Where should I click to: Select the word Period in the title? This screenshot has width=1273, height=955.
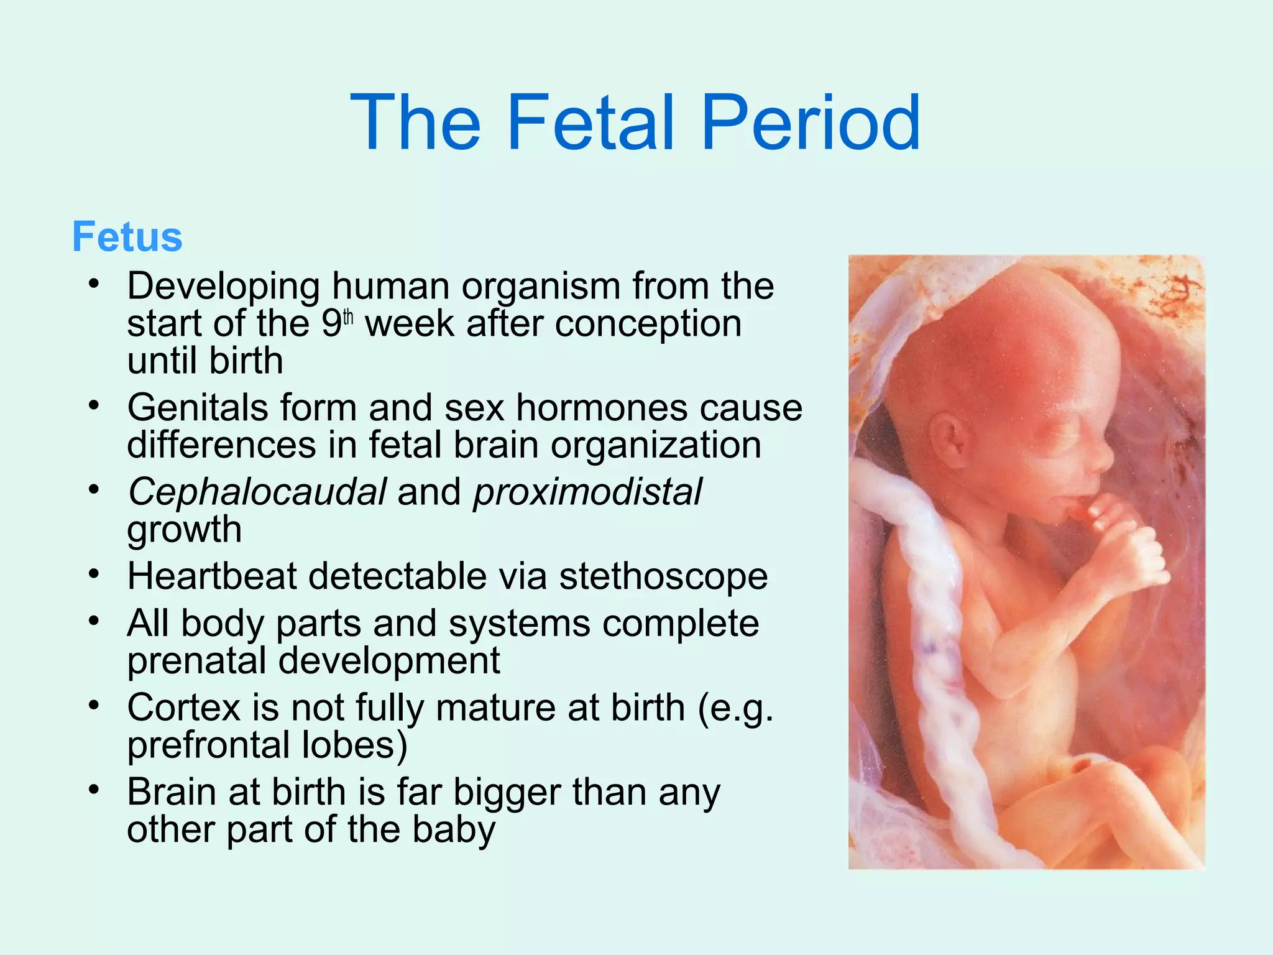pos(811,122)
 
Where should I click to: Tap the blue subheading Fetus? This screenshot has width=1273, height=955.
pos(127,237)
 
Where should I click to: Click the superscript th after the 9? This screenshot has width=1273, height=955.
pos(348,318)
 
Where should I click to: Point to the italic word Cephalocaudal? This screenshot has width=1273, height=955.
pos(257,492)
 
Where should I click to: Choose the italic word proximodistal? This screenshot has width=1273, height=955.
pos(587,492)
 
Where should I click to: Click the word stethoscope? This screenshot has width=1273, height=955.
pos(663,576)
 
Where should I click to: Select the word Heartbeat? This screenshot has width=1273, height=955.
pos(212,576)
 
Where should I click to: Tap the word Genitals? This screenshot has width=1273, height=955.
pos(197,408)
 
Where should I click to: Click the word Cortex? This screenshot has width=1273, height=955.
pos(183,708)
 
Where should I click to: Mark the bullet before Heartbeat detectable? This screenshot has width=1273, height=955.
pos(94,574)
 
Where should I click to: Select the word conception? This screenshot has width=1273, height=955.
pos(648,324)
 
